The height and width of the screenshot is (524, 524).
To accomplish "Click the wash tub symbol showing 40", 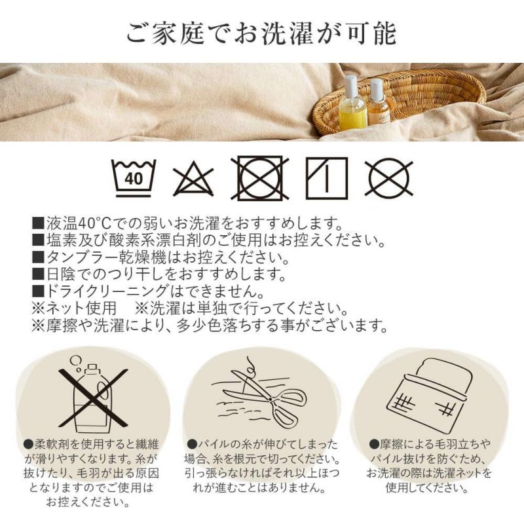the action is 134,178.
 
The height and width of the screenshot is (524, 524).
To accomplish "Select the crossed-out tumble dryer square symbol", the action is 260,178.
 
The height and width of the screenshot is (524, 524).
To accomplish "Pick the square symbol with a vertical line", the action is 326,178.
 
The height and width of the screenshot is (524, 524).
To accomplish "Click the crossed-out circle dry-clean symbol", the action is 389,178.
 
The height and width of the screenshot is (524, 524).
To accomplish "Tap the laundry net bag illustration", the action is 430,392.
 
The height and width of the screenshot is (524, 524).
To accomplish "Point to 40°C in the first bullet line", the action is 94,223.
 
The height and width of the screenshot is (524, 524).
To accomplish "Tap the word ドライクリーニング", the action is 106,291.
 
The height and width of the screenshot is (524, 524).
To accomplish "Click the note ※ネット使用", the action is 74,308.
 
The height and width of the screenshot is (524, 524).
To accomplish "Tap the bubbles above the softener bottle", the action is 77,363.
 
